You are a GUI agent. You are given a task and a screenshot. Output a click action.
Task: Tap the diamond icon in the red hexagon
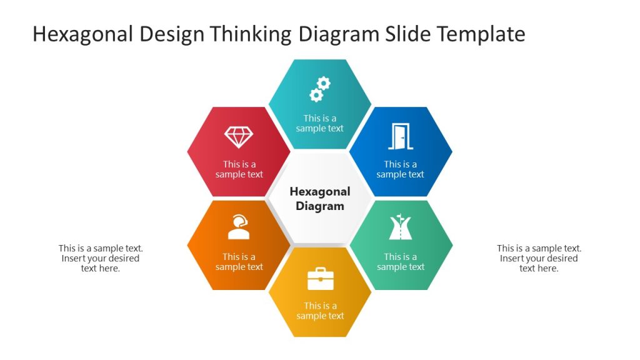[x=239, y=137]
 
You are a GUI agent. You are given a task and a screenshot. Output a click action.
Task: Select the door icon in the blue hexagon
[x=401, y=137]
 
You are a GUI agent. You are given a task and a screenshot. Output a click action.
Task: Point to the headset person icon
[x=239, y=227]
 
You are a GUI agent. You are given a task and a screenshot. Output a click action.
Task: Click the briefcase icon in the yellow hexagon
[x=321, y=279]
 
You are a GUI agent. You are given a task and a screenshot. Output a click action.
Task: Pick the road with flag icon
[x=401, y=227]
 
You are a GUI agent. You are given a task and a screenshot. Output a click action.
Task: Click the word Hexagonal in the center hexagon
[x=320, y=192]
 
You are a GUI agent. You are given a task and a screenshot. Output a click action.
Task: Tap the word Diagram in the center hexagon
[x=320, y=206]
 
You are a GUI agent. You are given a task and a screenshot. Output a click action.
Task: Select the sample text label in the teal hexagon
[x=320, y=123]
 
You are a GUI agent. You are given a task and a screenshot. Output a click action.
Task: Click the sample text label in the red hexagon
[x=239, y=169]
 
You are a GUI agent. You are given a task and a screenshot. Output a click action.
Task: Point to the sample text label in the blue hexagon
[x=401, y=169]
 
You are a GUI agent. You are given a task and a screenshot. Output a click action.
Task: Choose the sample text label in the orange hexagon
[x=239, y=262]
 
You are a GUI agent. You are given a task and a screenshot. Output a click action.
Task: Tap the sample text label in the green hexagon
[x=401, y=262]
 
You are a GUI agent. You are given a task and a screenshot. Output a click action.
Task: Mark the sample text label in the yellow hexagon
[x=321, y=311]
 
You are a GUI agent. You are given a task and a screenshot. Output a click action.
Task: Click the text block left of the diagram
[x=101, y=258]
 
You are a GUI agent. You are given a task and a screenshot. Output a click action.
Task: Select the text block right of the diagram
[x=539, y=258]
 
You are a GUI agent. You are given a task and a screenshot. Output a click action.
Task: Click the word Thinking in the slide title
[x=252, y=34]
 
